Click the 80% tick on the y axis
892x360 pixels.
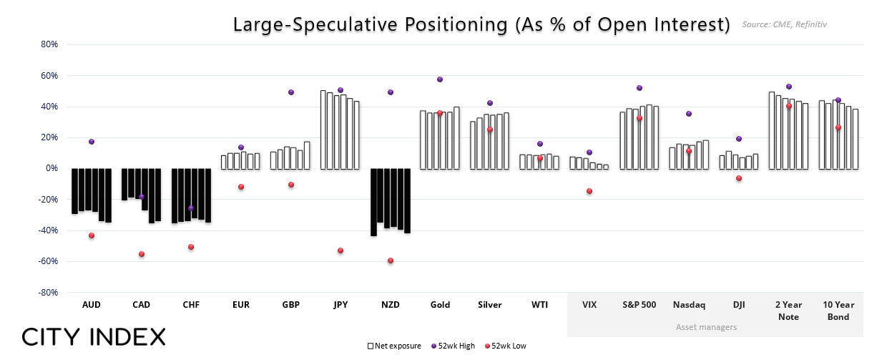(49, 44)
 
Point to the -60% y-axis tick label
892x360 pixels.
(47, 261)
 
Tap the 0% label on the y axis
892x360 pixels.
(52, 168)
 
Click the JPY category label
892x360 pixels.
(340, 304)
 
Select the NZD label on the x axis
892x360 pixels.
(391, 304)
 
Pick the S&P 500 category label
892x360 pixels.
(639, 304)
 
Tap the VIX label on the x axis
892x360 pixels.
(589, 304)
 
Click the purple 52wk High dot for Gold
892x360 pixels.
(440, 79)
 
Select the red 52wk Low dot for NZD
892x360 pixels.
(391, 261)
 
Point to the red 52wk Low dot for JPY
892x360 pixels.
(340, 250)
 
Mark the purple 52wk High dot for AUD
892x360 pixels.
(92, 142)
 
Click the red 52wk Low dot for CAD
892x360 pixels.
(142, 254)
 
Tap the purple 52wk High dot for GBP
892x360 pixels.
(291, 92)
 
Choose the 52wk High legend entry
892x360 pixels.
(452, 346)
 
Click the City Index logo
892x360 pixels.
(94, 336)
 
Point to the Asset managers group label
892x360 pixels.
(706, 327)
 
